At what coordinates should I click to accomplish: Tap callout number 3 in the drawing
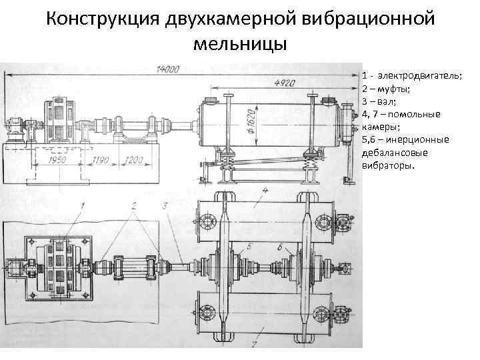tap(164, 205)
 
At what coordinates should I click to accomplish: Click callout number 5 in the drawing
tap(249, 247)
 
